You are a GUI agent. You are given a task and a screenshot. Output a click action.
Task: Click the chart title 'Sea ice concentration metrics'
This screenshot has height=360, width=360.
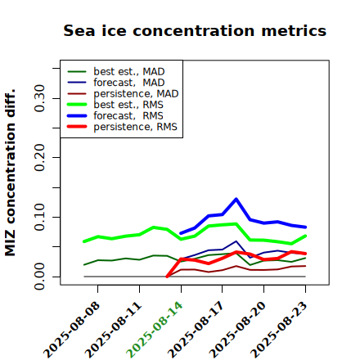(x=195, y=30)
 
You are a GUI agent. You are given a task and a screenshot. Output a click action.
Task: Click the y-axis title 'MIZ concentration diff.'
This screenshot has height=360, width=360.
(x=10, y=173)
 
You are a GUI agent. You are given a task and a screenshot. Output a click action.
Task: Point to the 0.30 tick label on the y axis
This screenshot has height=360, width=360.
(x=39, y=98)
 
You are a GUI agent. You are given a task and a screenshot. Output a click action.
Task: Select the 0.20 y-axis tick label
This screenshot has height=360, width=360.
(x=39, y=158)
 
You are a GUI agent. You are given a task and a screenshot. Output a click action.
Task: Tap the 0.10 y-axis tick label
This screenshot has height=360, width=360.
(x=39, y=217)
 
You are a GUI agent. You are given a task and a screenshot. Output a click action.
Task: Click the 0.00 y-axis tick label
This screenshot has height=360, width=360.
(x=39, y=277)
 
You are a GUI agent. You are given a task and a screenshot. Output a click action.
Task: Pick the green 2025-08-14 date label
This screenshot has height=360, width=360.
(x=155, y=330)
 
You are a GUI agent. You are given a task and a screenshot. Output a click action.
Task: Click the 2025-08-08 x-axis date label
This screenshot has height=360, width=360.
(x=71, y=330)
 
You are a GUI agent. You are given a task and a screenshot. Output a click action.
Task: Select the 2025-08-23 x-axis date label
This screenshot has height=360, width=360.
(x=279, y=330)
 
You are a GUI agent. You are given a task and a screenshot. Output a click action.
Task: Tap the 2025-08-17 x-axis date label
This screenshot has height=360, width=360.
(x=196, y=330)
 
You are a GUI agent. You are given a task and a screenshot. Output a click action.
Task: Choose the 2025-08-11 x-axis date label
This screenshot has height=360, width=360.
(x=113, y=330)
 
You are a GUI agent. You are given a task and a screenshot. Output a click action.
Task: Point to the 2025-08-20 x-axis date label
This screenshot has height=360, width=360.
(x=237, y=330)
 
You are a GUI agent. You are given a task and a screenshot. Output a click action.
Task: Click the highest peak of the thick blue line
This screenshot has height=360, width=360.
(x=236, y=199)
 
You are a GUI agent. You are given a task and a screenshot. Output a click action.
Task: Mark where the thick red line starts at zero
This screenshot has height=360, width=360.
(x=167, y=277)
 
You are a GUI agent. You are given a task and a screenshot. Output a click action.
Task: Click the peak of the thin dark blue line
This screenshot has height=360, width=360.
(x=236, y=241)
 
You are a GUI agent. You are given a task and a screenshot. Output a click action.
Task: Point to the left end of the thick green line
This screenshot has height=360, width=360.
(x=84, y=241)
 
